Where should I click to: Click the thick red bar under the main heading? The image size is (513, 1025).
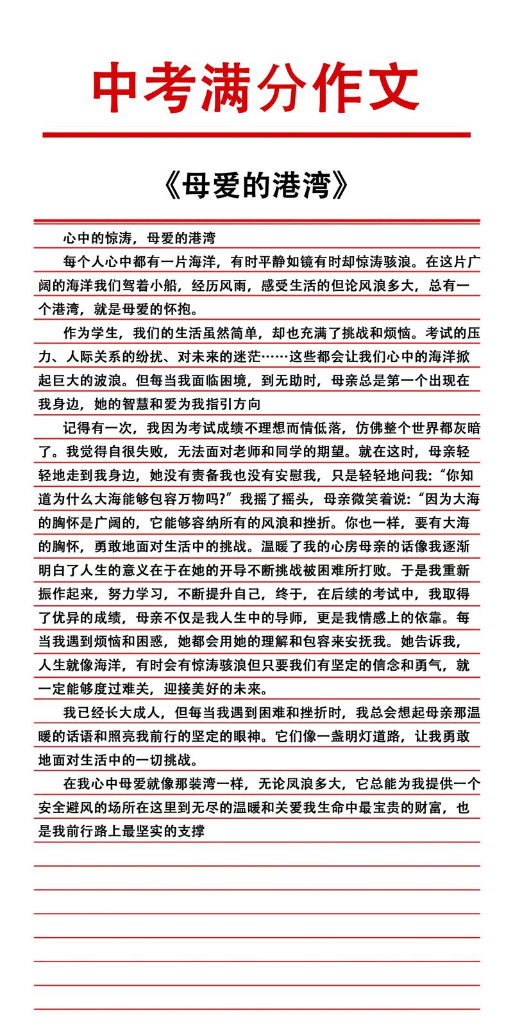[x=256, y=135]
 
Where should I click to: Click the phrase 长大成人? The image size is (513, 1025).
[x=136, y=713]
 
